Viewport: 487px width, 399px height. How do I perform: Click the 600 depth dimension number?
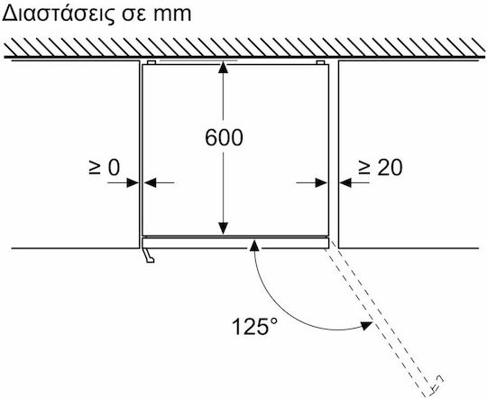tap(224, 137)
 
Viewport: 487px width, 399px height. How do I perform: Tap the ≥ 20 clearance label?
tap(381, 168)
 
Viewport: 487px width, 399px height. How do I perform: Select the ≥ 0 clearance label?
tap(104, 168)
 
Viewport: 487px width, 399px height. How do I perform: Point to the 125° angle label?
tap(254, 326)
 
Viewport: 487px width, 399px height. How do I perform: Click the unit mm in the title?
tap(172, 15)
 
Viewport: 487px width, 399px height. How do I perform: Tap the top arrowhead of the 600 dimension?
tap(223, 68)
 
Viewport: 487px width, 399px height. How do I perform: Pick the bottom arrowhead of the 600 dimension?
tap(223, 228)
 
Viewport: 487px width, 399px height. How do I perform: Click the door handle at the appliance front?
tap(149, 255)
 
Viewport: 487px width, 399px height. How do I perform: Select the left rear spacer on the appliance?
tap(152, 62)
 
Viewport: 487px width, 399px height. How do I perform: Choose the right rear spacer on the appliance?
tap(320, 62)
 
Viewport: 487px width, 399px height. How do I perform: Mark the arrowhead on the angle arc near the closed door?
tap(254, 246)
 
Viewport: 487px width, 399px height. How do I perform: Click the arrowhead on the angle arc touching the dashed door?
tap(366, 326)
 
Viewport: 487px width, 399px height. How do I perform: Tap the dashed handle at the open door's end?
tap(436, 383)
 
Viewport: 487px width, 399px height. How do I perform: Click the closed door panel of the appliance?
tap(235, 243)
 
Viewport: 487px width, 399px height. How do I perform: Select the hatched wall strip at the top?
tap(244, 47)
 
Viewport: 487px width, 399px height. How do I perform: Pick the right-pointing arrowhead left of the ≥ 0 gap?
tap(133, 182)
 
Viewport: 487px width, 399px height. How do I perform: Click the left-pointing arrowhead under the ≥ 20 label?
tap(345, 182)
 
